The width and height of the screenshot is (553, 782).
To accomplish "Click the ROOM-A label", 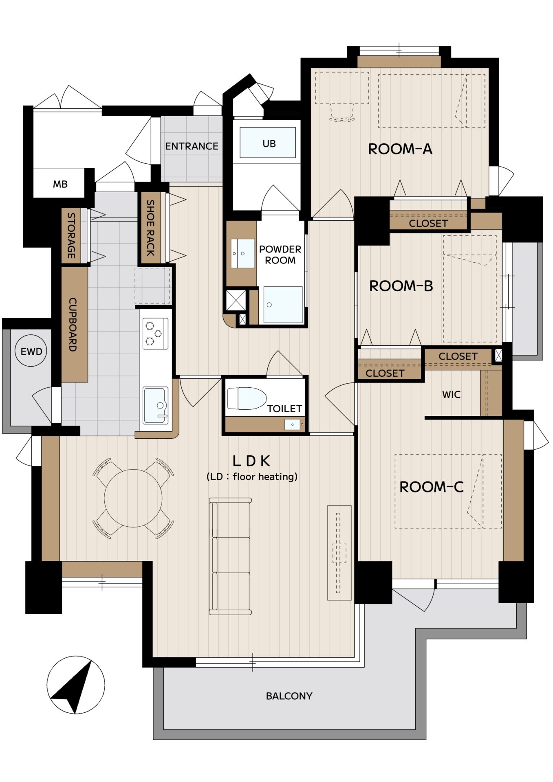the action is coord(400,149).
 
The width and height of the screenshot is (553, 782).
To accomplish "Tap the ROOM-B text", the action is coord(401,286).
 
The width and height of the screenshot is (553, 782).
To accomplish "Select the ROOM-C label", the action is coord(431,487).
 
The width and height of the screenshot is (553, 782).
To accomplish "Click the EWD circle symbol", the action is coord(31,351).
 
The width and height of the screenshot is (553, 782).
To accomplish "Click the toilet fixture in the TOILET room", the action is coord(247,398).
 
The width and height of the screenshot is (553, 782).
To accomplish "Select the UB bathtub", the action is coord(268,143).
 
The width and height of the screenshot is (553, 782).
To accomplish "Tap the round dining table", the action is coord(133,498).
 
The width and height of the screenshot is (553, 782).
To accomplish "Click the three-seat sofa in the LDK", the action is coord(230,556).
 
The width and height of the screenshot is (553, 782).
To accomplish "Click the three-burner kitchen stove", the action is coord(155,334).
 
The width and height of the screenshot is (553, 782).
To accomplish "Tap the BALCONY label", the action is coord(289,696).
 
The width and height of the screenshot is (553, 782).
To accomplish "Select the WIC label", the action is coord(451,394).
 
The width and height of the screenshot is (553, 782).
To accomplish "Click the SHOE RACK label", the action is coord(150,228).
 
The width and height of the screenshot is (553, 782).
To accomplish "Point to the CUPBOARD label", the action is coord(73,324).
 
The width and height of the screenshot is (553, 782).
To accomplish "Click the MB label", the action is coord(60,184).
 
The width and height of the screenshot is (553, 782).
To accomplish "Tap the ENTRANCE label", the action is coord(192,146).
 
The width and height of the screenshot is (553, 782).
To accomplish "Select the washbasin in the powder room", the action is coord(243,253).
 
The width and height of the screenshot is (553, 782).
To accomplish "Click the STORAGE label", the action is coord(71,235).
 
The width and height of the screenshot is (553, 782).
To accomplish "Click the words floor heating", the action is coord(265,477).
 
